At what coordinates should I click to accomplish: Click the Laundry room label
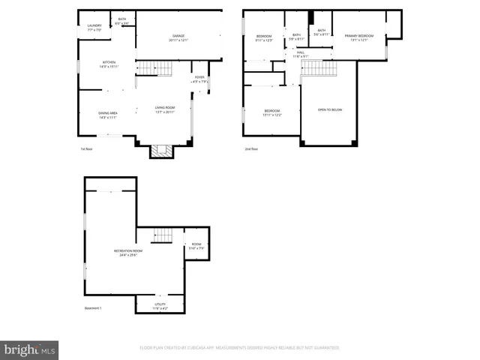coord(94,27)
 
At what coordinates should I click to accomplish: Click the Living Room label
coord(165,109)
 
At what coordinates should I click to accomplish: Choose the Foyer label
coord(199,79)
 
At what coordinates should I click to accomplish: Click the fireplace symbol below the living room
coord(161,151)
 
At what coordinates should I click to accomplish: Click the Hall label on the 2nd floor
coord(300,54)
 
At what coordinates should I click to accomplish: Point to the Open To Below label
coord(328,109)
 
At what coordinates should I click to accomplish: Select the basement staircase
coord(163,235)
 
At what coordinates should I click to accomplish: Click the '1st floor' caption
coord(88,149)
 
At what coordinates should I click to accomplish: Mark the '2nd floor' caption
coord(250,149)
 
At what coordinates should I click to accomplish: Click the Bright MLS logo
coord(30,349)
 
